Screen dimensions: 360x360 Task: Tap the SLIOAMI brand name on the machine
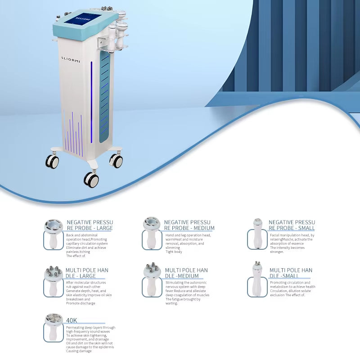[x=71, y=59]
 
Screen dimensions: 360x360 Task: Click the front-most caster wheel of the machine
[x=91, y=179]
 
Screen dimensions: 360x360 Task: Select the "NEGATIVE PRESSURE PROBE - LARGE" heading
[x=90, y=225]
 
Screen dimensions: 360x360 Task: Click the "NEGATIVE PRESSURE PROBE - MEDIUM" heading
[x=189, y=225]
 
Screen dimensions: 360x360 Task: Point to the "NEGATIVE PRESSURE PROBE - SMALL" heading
[x=292, y=225]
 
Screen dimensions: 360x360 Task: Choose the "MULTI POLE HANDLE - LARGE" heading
[x=87, y=273]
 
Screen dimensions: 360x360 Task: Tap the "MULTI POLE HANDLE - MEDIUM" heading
[x=186, y=273]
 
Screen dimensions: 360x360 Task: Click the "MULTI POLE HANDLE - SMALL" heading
[x=291, y=273]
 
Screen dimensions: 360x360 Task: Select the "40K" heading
[x=72, y=320]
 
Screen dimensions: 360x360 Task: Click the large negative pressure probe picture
[x=54, y=234]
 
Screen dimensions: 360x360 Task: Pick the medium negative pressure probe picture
[x=151, y=233]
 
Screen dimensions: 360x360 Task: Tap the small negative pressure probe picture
[x=257, y=234]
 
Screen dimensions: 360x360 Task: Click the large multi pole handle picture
[x=53, y=281]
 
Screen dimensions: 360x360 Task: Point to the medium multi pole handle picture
[x=152, y=279]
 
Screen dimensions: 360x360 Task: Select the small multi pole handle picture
[x=256, y=279]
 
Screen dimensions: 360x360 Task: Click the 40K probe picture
[x=54, y=327]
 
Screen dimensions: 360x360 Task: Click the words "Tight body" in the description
[x=174, y=252]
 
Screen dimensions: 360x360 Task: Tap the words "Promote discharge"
[x=81, y=303]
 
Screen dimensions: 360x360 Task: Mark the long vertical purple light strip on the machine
[x=91, y=102]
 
